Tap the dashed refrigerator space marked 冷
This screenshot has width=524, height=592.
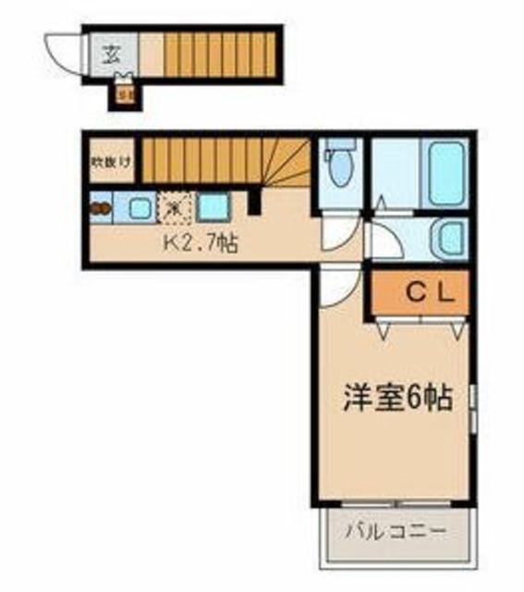[173, 207]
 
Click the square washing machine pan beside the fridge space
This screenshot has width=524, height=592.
[211, 207]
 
